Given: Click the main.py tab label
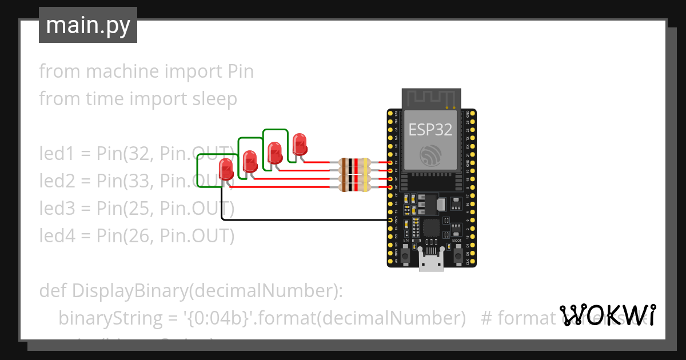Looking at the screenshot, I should click(x=87, y=25).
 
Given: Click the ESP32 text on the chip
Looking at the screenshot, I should click(x=430, y=130).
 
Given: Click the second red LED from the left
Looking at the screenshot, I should click(x=250, y=162).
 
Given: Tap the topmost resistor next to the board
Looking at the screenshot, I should click(x=354, y=163).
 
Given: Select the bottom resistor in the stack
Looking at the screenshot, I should click(x=354, y=187).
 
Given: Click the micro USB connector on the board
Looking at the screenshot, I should click(x=432, y=262).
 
